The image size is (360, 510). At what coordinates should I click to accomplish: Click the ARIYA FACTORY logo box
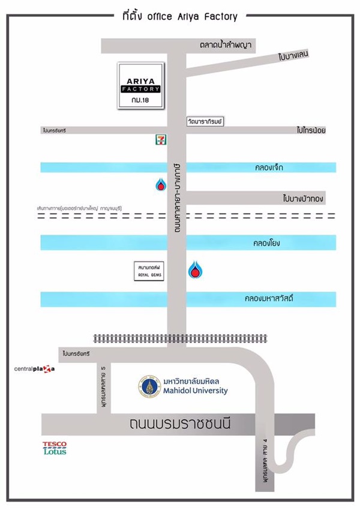click(x=140, y=86)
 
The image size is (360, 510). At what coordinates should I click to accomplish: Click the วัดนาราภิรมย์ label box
click(x=204, y=122)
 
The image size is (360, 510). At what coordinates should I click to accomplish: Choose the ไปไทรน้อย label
click(x=311, y=130)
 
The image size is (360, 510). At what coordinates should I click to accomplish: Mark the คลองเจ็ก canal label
click(x=268, y=168)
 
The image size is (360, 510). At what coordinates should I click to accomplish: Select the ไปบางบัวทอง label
click(x=303, y=198)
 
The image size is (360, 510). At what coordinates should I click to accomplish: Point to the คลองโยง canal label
click(x=268, y=243)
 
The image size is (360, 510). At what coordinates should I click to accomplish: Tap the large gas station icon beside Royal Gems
click(x=195, y=270)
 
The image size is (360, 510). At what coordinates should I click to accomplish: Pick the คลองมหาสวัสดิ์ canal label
click(x=268, y=298)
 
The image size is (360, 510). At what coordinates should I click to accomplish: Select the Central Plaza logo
click(x=34, y=368)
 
